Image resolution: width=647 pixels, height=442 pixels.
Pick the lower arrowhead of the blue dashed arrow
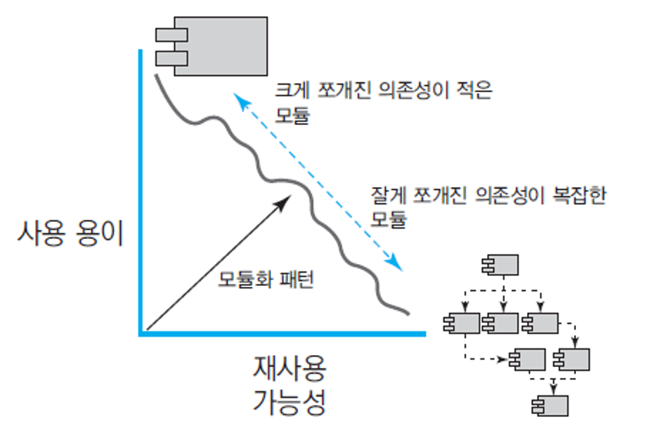click(x=398, y=268)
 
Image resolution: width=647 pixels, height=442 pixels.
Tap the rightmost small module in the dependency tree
click(x=572, y=360)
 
